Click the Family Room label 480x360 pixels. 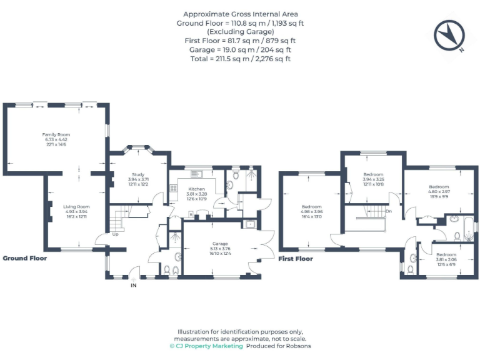(x=56, y=134)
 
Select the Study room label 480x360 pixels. (x=138, y=174)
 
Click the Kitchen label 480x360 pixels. (x=196, y=189)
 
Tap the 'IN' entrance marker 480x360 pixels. (x=133, y=285)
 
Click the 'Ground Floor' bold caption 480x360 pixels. (x=24, y=258)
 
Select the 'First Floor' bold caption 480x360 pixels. (x=295, y=259)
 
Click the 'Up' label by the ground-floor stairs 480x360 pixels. (x=116, y=234)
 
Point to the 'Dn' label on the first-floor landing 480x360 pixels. (x=388, y=211)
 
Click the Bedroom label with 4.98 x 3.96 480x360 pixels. (x=311, y=207)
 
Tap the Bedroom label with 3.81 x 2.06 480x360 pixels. (x=446, y=254)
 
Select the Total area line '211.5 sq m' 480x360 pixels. (x=240, y=58)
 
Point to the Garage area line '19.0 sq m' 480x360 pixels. (x=240, y=49)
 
